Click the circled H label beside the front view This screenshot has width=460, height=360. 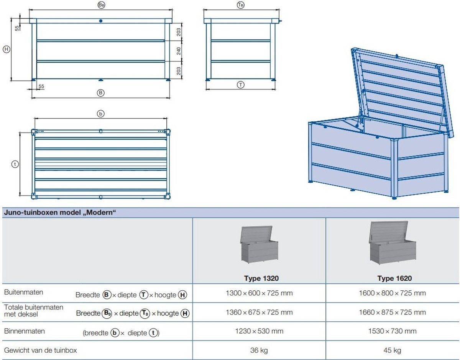click(x=7, y=49)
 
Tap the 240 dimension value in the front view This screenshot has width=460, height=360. click(x=179, y=51)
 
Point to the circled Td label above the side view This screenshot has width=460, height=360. click(x=241, y=5)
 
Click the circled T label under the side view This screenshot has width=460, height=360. click(x=240, y=85)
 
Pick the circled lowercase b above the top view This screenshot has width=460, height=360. click(x=100, y=114)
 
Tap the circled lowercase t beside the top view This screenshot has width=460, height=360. click(x=15, y=164)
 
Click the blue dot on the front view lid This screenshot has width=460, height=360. click(x=101, y=21)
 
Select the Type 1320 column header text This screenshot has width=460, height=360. click(x=261, y=278)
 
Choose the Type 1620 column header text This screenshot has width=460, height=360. click(x=394, y=278)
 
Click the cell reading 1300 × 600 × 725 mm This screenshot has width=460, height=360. click(x=259, y=293)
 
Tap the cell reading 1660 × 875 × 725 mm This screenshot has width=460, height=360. click(x=392, y=312)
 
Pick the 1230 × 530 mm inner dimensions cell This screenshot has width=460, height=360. click(x=259, y=331)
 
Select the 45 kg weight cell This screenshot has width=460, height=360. click(x=392, y=350)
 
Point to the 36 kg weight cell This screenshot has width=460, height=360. click(x=259, y=350)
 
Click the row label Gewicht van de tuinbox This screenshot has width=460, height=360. click(x=40, y=350)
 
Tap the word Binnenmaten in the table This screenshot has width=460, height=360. click(x=25, y=331)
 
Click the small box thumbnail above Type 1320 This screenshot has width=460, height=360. click(x=259, y=245)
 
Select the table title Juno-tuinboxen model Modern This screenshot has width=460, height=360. click(x=60, y=212)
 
